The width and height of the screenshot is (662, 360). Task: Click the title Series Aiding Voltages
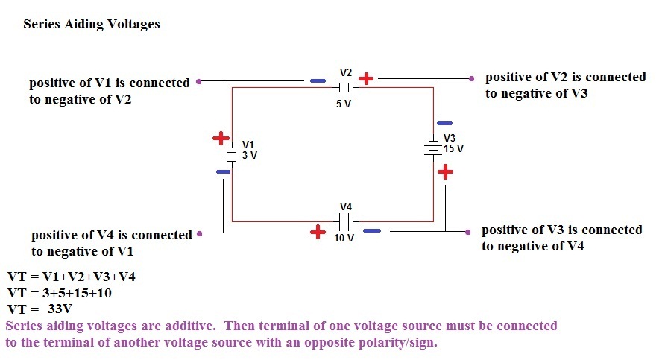[x=92, y=24]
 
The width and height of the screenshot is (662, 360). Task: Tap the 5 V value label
[x=343, y=104]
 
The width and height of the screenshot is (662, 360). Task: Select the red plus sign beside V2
[x=366, y=78]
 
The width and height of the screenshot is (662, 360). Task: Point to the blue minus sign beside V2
[x=318, y=80]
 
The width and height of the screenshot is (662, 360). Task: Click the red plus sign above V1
[x=221, y=139]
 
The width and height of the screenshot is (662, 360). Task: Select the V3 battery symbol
[x=434, y=148]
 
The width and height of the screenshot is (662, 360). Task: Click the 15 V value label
[x=453, y=149]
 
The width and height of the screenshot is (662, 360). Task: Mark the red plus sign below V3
[x=445, y=172]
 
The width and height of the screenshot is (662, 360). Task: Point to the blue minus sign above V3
[x=444, y=123]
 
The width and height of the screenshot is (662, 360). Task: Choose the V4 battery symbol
[x=345, y=221]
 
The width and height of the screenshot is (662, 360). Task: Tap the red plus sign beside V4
[x=318, y=232]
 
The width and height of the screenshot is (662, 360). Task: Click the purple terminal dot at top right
[x=472, y=78]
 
